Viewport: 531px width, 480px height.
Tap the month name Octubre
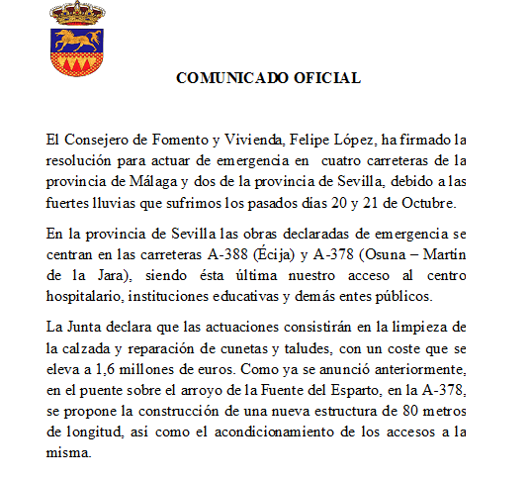426,203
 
